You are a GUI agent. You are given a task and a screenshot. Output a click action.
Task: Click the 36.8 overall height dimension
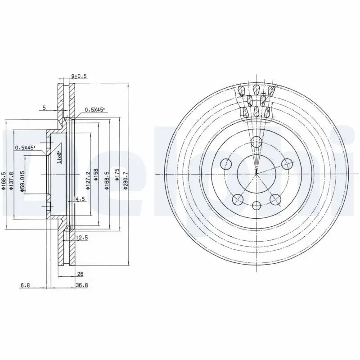[x=82, y=284]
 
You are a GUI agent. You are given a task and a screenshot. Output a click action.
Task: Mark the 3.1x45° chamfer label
[x=59, y=157]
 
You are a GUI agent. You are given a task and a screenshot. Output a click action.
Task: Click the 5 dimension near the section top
[x=44, y=108]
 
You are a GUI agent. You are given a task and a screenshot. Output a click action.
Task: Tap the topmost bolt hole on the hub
[x=256, y=142]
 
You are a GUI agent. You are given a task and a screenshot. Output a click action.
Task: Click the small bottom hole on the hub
[x=256, y=206]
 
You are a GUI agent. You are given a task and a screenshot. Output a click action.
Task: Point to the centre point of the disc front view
[x=256, y=174]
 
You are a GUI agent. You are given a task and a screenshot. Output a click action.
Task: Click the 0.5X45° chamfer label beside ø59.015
[x=25, y=148]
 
